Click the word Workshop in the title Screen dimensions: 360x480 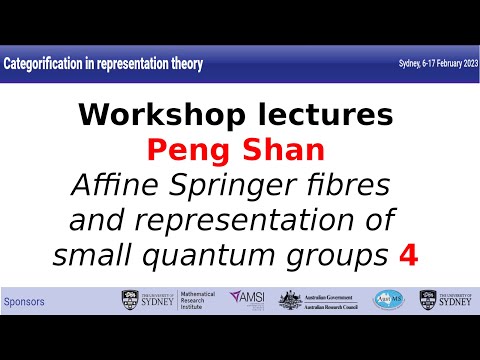(x=157, y=115)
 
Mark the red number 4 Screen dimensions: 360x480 (x=407, y=255)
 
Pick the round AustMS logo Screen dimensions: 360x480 (x=389, y=300)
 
